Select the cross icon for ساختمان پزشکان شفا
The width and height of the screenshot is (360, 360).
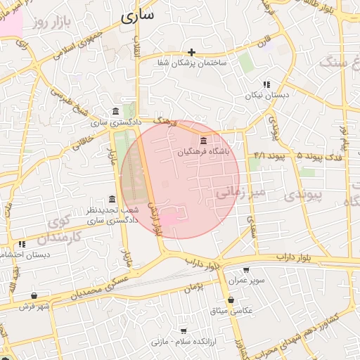[191, 52]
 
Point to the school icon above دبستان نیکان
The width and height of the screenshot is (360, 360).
[266, 84]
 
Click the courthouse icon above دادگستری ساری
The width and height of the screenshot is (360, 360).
[115, 112]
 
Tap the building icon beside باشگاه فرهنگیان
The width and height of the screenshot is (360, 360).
[204, 141]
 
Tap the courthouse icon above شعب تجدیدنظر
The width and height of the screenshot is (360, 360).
[112, 199]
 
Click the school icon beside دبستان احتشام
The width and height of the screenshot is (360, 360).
[22, 244]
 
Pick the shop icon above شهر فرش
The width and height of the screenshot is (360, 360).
[34, 296]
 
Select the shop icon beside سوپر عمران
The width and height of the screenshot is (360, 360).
[245, 269]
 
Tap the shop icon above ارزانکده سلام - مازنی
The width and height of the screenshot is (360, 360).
[184, 330]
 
